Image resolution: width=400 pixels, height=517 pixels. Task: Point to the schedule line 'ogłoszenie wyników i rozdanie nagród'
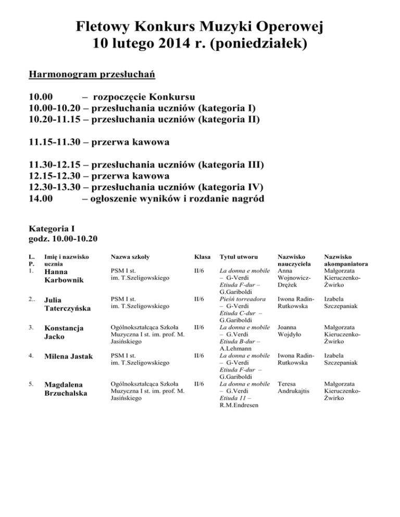click(177, 198)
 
